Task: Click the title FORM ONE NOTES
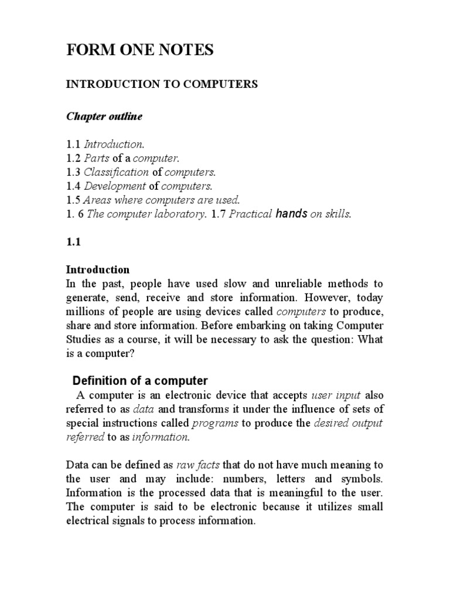point(139,52)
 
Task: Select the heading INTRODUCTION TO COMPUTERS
point(162,84)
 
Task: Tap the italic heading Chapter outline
point(104,117)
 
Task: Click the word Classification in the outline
point(117,172)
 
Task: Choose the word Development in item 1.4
point(115,186)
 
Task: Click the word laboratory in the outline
point(181,214)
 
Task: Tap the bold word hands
point(292,214)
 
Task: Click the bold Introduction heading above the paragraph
point(97,270)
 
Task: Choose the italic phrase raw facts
point(198,465)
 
